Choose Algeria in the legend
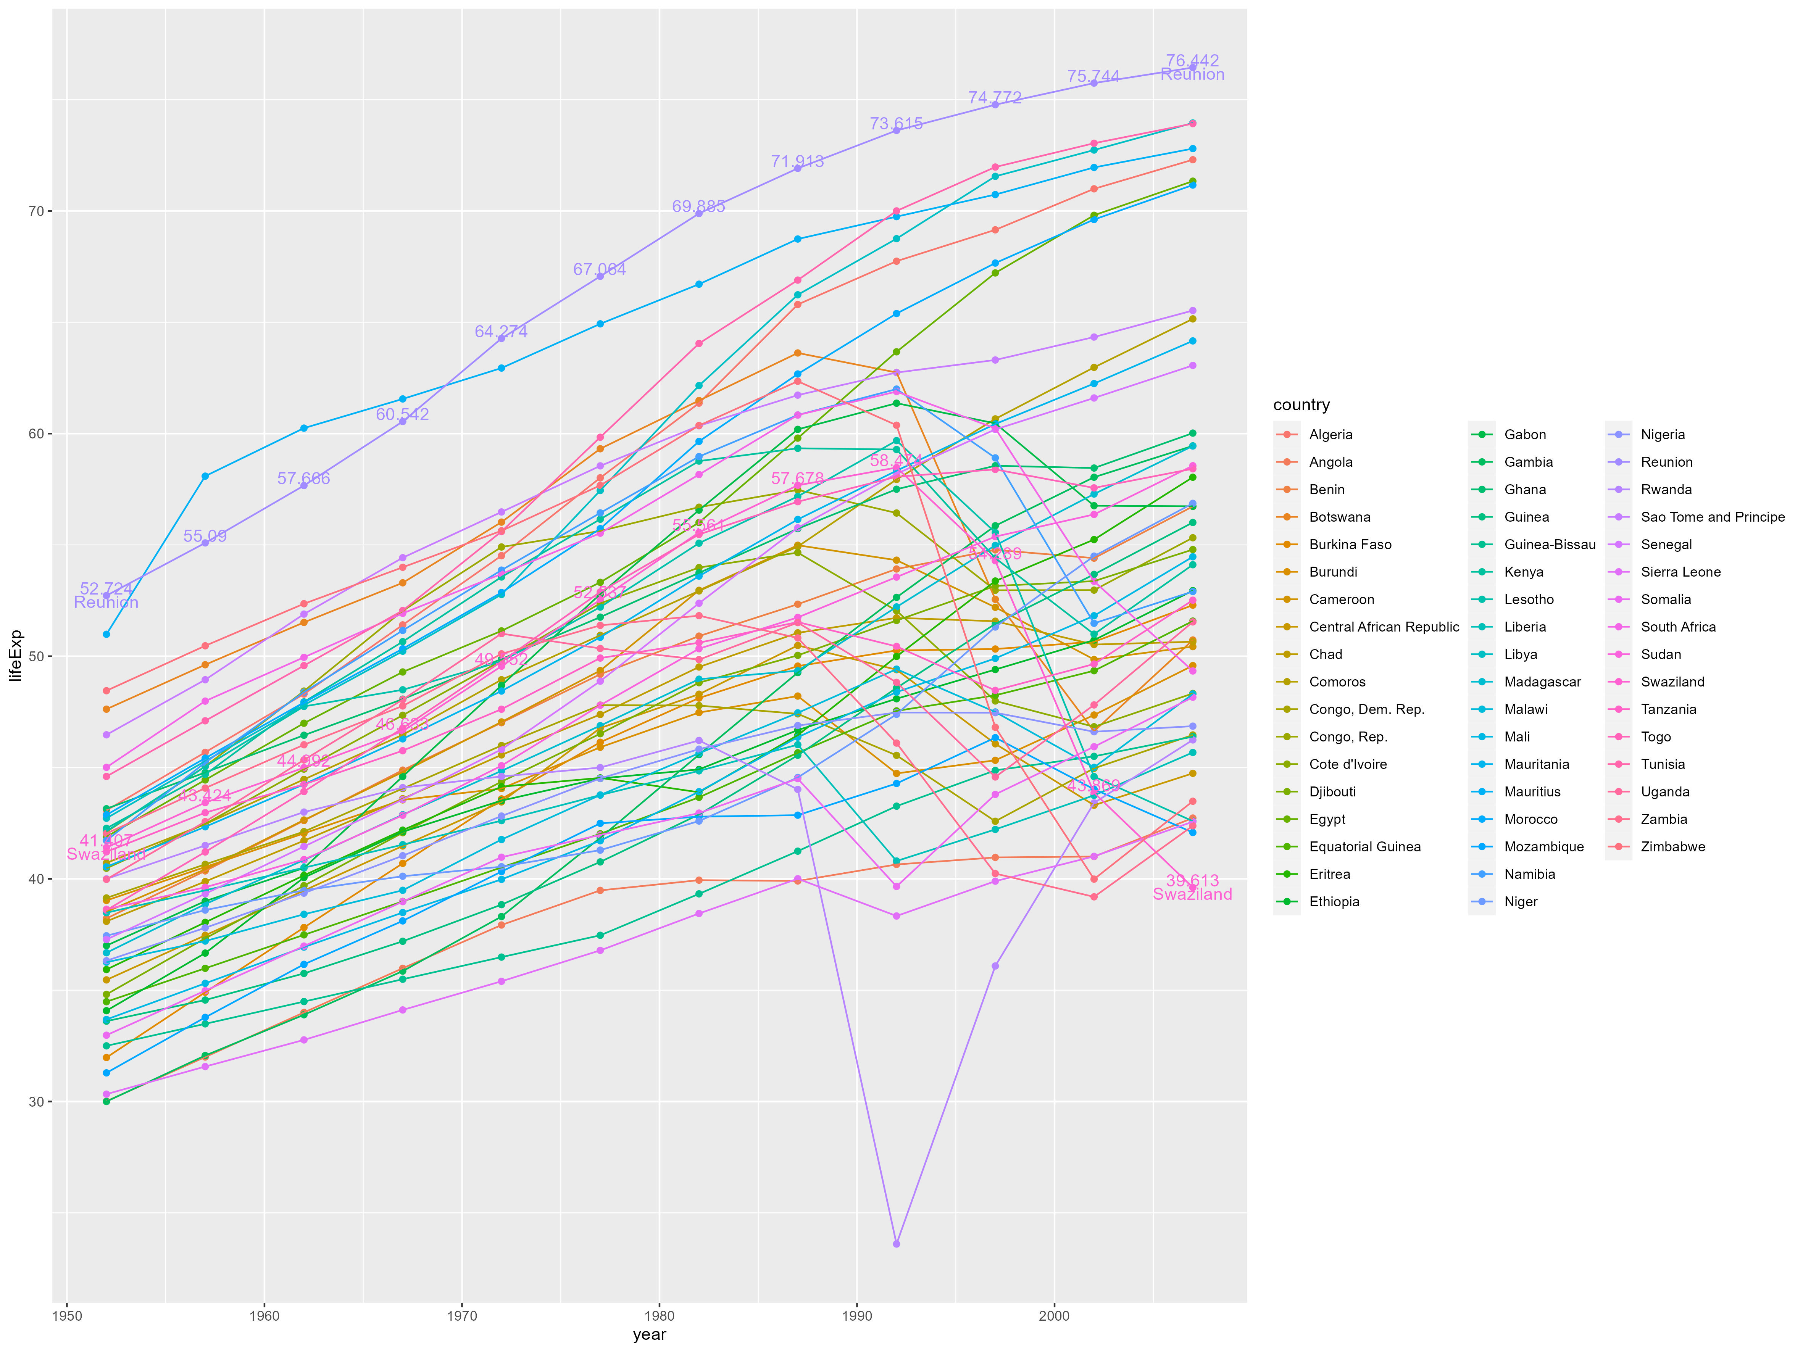tap(1330, 434)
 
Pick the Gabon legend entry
tap(1524, 434)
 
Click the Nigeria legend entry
tap(1662, 434)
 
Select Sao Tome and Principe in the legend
tap(1712, 517)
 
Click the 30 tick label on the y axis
tap(36, 1102)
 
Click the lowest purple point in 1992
tap(897, 1244)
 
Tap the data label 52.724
tap(106, 588)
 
